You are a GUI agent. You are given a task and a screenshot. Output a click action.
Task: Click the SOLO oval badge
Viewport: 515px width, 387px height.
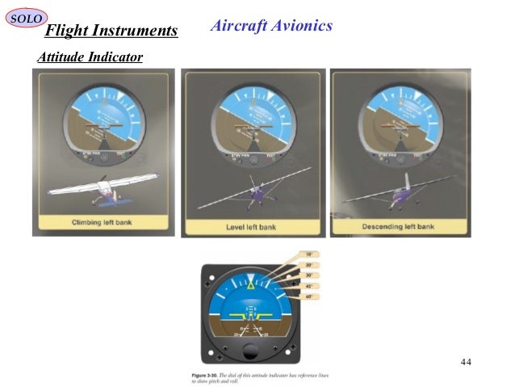pos(26,17)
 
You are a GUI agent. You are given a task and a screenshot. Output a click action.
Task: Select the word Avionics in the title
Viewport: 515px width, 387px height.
pos(301,26)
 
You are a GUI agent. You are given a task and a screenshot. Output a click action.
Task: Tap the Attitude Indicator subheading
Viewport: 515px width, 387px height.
pos(90,57)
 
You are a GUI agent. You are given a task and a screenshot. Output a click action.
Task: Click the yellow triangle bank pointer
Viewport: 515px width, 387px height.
pos(251,284)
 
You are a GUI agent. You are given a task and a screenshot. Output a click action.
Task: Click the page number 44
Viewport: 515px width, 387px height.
pos(466,361)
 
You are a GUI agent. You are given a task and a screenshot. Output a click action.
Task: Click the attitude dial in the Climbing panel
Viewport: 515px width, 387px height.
pos(103,120)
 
